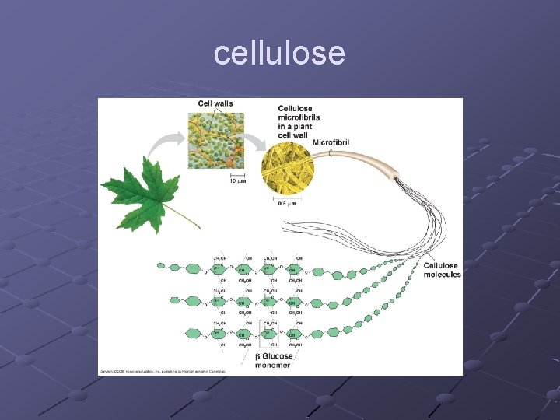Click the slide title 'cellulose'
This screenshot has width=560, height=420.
(x=279, y=54)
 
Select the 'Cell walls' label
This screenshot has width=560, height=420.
(x=215, y=103)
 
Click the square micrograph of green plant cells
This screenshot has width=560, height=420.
(x=216, y=141)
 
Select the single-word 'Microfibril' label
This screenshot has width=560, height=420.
(x=331, y=142)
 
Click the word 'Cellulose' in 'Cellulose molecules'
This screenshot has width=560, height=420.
(x=441, y=266)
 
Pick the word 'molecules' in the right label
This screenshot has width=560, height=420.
(x=442, y=275)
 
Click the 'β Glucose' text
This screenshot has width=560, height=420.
(x=274, y=356)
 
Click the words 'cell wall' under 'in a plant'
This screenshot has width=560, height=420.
(x=294, y=135)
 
